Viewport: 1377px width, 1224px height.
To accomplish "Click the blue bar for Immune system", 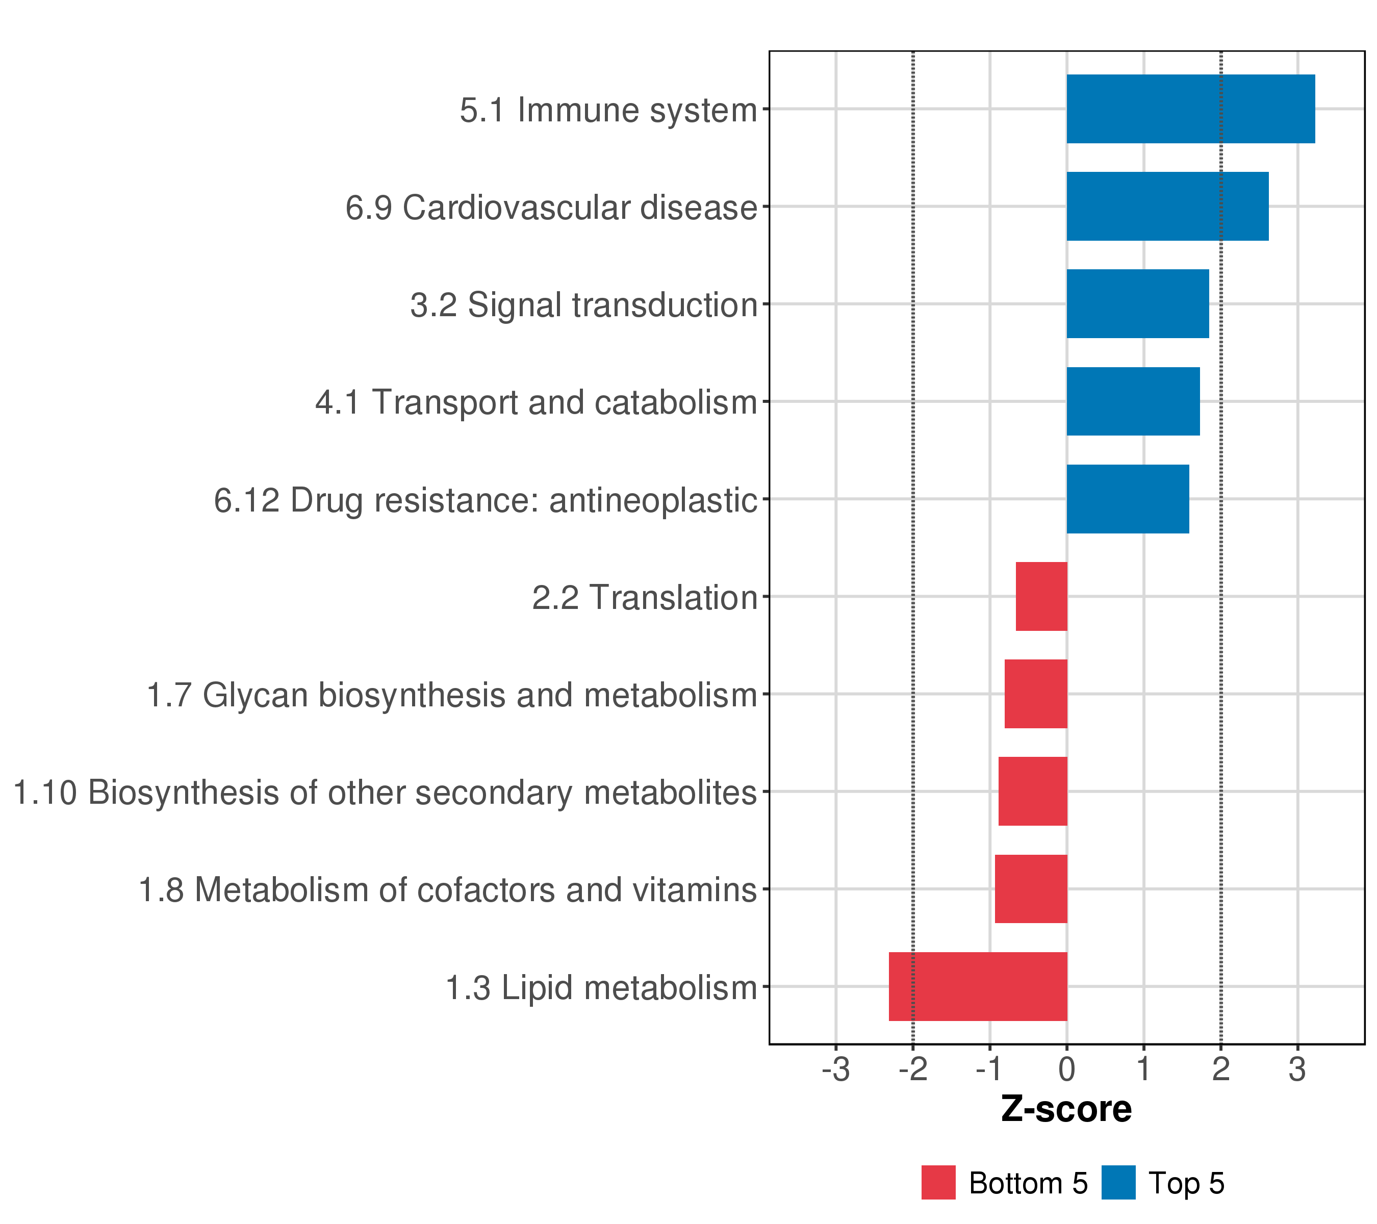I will coord(1190,109).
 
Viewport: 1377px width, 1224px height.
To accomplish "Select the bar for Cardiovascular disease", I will coord(1167,206).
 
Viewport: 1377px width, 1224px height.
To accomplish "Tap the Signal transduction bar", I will coord(1137,304).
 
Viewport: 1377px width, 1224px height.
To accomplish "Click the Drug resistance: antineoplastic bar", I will coord(1127,499).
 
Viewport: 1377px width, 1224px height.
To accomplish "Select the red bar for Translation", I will coord(1041,597).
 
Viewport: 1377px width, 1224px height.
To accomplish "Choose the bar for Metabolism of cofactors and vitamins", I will coord(1031,889).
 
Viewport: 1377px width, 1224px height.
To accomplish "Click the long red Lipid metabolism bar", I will coord(978,987).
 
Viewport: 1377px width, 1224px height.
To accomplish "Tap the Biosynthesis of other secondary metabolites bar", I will coord(1032,792).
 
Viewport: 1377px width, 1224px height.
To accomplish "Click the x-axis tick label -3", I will coord(835,1070).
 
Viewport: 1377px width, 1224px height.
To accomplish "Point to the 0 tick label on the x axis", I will coord(1066,1070).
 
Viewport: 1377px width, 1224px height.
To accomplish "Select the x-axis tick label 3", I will coord(1297,1070).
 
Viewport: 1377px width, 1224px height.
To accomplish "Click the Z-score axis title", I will coord(1066,1109).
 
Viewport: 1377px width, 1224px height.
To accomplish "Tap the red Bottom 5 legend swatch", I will coord(938,1183).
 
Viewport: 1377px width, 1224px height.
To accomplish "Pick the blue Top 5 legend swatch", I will coord(1118,1183).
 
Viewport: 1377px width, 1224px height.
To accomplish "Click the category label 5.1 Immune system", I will coord(608,110).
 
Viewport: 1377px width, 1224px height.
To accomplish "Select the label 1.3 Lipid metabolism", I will coord(602,988).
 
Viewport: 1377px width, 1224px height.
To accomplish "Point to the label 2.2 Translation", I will coord(645,598).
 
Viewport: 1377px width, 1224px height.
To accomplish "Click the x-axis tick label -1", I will coord(989,1070).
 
